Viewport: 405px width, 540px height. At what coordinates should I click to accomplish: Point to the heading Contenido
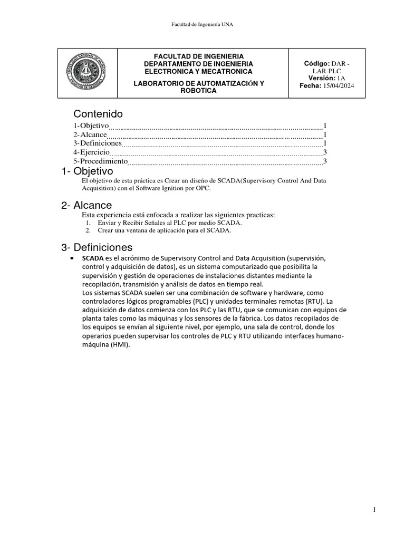point(98,114)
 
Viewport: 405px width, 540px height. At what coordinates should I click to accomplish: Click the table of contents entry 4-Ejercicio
point(91,152)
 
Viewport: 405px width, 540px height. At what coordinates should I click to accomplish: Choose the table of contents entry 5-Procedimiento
point(101,161)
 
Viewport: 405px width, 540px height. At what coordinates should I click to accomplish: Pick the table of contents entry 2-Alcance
point(90,134)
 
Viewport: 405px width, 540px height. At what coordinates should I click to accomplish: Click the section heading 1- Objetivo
point(87,171)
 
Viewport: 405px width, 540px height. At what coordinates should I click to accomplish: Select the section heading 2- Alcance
point(86,206)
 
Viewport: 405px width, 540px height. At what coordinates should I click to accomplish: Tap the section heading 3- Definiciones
point(97,247)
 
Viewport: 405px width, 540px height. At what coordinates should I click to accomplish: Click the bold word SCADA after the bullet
point(93,258)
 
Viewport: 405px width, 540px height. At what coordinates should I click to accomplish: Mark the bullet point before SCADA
point(72,258)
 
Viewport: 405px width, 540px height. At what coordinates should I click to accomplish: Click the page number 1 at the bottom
point(374,509)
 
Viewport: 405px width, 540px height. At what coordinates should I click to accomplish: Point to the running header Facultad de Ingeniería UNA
point(202,24)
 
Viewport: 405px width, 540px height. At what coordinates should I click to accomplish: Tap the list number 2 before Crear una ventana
point(88,230)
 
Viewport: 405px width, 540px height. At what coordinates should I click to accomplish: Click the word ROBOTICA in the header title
point(198,91)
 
